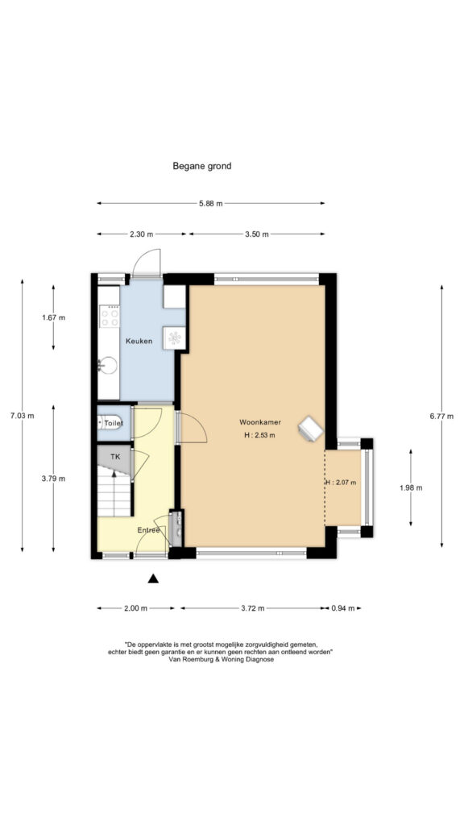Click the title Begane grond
coord(202,166)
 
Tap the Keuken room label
coord(139,341)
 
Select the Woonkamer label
coord(260,422)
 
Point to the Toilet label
coord(114,423)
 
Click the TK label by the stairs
coord(115,457)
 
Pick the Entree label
coord(148,530)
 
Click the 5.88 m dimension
coord(210,204)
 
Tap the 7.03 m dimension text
coord(22,416)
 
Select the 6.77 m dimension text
coord(441,416)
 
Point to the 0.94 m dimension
coord(342,608)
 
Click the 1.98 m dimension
coord(411,487)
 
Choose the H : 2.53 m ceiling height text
coord(260,435)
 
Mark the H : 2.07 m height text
coord(341,483)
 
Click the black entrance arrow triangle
coord(153,578)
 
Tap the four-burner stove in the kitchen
coord(110,316)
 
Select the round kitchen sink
coord(109,365)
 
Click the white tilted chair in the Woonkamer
coord(310,429)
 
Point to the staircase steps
coord(114,491)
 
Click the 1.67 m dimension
coord(53,317)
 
